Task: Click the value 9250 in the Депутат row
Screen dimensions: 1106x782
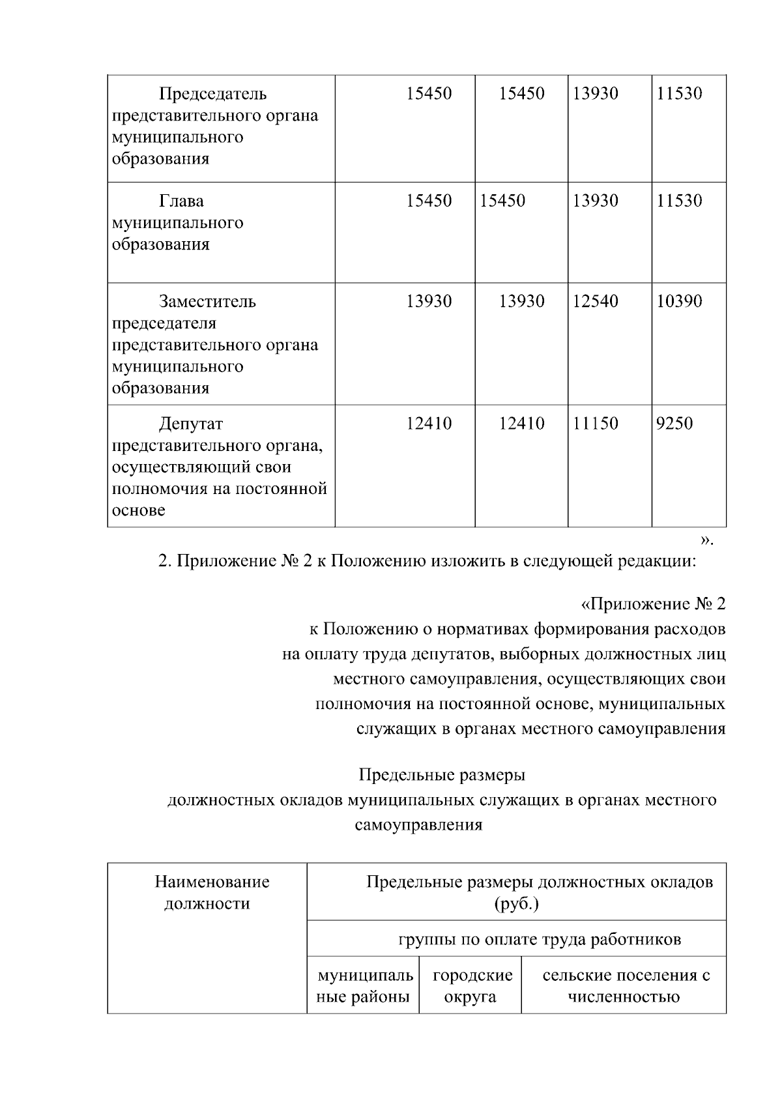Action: click(674, 424)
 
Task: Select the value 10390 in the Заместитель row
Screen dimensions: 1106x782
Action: click(679, 301)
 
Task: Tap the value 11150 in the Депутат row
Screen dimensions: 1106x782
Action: click(595, 424)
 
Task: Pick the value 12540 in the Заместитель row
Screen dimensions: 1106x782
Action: click(595, 301)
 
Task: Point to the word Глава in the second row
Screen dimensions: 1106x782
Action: click(181, 201)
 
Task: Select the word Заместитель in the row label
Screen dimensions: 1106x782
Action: click(207, 302)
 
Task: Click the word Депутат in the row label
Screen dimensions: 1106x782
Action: click(191, 424)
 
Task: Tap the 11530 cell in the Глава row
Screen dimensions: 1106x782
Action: click(679, 201)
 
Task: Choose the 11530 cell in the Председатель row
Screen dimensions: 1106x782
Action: click(679, 94)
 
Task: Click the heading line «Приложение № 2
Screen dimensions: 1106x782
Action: click(652, 604)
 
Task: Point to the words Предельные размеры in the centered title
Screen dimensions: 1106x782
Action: click(442, 776)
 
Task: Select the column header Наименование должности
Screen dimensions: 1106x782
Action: click(208, 893)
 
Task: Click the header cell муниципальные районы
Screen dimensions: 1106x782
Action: click(364, 986)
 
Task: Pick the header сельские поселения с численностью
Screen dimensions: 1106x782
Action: click(624, 986)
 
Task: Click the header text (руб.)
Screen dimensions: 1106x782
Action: click(516, 905)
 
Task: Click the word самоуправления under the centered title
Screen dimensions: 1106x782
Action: click(418, 825)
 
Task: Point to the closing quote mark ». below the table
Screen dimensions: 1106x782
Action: click(706, 540)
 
